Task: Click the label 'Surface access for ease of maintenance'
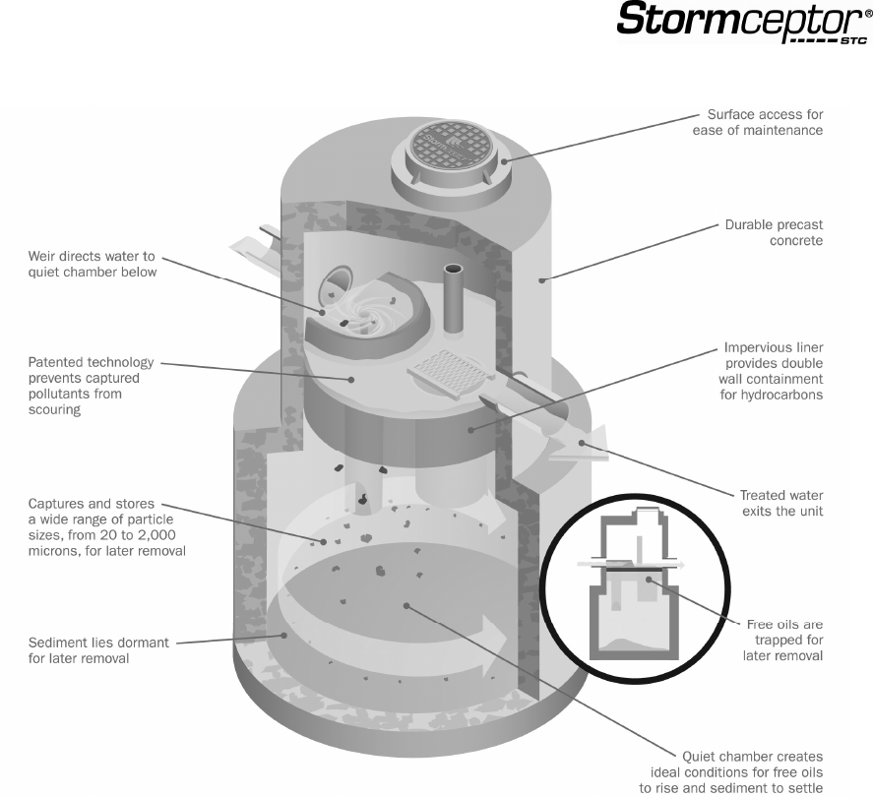[765, 122]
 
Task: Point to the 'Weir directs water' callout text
[92, 265]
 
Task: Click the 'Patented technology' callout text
[84, 387]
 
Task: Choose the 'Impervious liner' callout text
[774, 370]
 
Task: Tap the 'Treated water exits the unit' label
[781, 503]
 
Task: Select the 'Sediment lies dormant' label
[98, 650]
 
